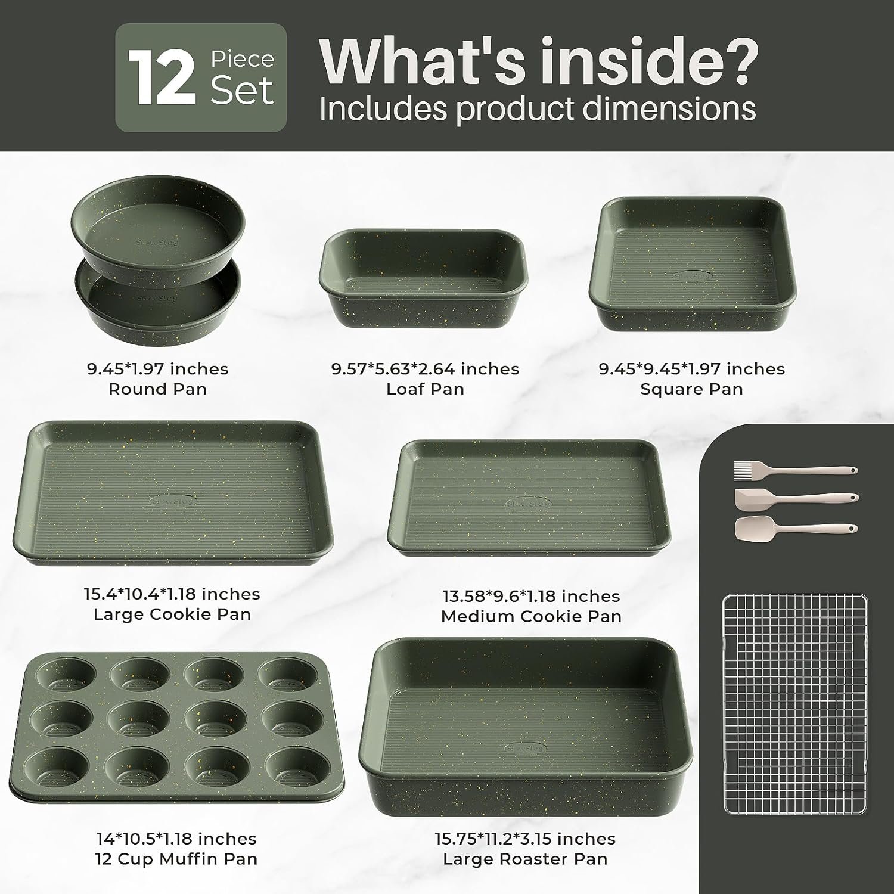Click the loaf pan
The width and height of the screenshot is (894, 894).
pyautogui.click(x=425, y=278)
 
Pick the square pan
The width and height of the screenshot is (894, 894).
pyautogui.click(x=692, y=264)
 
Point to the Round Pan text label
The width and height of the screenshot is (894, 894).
pyautogui.click(x=157, y=389)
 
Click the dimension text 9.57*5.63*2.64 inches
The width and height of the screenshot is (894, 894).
pyautogui.click(x=425, y=369)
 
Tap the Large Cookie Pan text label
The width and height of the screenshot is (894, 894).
pyautogui.click(x=172, y=614)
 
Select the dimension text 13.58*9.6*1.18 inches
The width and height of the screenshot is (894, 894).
pyautogui.click(x=531, y=596)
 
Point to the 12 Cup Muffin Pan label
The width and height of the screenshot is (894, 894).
pyautogui.click(x=176, y=859)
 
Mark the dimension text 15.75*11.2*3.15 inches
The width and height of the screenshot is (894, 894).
pyautogui.click(x=525, y=839)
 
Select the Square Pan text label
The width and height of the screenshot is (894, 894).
pyautogui.click(x=691, y=389)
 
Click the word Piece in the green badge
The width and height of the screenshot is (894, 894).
pyautogui.click(x=242, y=59)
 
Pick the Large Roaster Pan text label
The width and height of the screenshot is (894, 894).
pyautogui.click(x=525, y=859)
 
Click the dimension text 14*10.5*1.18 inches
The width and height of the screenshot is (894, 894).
pyautogui.click(x=176, y=839)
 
